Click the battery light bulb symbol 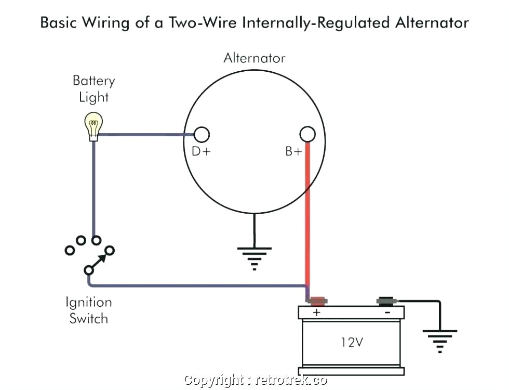[x=94, y=126]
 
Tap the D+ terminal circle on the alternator [x=202, y=135]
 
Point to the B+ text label [x=293, y=152]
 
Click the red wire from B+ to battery [x=307, y=218]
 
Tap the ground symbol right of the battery [x=440, y=338]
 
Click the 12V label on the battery [x=352, y=343]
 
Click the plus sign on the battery [x=316, y=313]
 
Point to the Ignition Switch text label [x=88, y=310]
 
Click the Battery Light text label [x=93, y=89]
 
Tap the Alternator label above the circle [x=254, y=58]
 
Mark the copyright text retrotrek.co [x=256, y=381]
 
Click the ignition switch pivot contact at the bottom [x=89, y=270]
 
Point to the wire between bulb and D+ [x=145, y=135]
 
